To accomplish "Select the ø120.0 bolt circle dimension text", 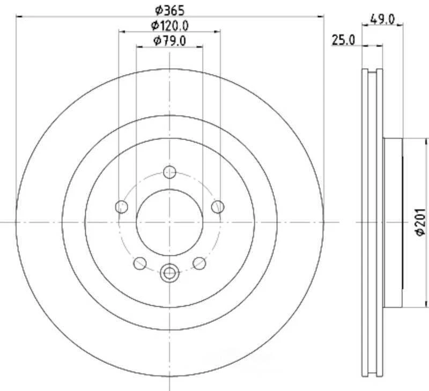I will [169, 25].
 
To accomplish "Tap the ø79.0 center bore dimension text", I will [169, 41].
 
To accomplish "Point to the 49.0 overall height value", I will [383, 19].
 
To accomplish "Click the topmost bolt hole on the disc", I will [169, 172].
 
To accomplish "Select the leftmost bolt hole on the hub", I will [122, 206].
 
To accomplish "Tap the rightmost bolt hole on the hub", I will [217, 206].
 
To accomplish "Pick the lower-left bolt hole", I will [140, 263].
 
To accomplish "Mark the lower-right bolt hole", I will [199, 263].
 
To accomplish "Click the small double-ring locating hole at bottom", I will [169, 272].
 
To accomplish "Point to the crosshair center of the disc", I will [169, 222].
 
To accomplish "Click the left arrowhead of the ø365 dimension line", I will [19, 17].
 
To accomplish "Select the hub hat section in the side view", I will [393, 223].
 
